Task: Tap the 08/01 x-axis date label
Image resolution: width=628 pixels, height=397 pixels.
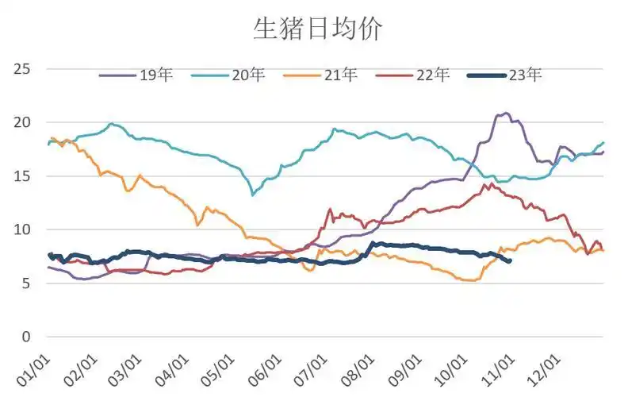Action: pos(365,369)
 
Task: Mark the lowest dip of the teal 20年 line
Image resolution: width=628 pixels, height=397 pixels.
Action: pos(253,194)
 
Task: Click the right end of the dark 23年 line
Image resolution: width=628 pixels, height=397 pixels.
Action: pos(509,260)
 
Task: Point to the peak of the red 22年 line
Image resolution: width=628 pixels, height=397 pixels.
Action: pos(492,184)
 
